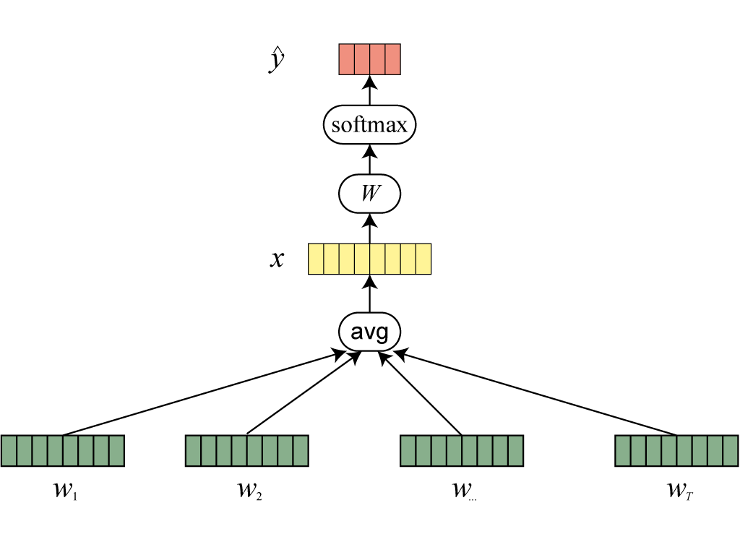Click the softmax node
[x=369, y=125]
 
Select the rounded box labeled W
[x=369, y=194]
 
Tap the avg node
[x=369, y=332]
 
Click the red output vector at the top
[x=369, y=60]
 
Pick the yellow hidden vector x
[x=369, y=259]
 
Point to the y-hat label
[x=275, y=61]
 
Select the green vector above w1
[x=63, y=450]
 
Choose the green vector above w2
[x=246, y=450]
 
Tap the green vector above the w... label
[x=461, y=450]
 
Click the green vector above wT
[x=676, y=450]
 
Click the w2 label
[x=248, y=491]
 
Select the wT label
[x=680, y=491]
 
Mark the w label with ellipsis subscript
[x=462, y=491]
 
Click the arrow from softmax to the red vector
[x=369, y=92]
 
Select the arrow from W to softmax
[x=369, y=160]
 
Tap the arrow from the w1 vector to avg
[x=202, y=393]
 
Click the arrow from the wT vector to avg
[x=535, y=393]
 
